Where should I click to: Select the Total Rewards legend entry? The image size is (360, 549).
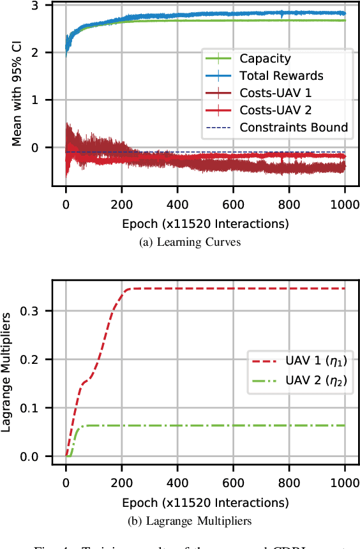point(281,76)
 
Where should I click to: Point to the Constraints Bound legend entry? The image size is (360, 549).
point(294,128)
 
